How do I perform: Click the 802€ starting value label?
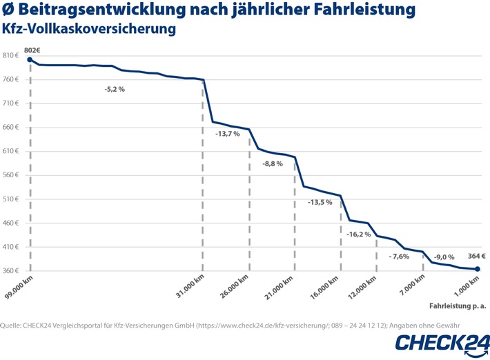tap(32, 50)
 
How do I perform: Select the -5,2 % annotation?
tap(115, 90)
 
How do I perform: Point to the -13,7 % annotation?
tap(228, 133)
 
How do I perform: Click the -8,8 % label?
tap(273, 163)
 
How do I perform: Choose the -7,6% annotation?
tap(399, 256)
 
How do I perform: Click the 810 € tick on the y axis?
tap(12, 56)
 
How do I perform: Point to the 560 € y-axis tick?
tap(12, 175)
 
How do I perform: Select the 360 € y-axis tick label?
tap(12, 271)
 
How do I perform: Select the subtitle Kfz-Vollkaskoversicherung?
tap(89, 29)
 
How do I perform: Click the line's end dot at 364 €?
tap(478, 269)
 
